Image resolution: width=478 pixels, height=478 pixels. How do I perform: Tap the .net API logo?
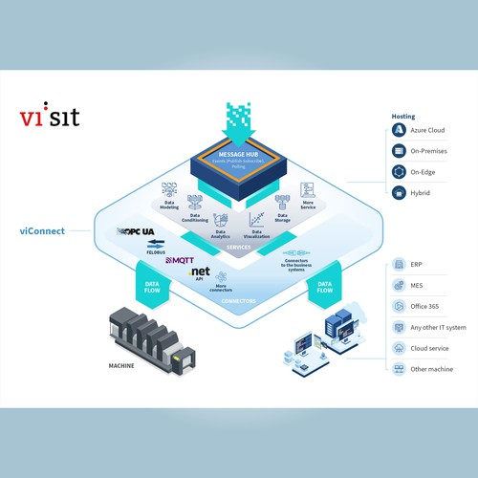point(199,273)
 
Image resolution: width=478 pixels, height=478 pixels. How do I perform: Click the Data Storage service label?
point(282,219)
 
